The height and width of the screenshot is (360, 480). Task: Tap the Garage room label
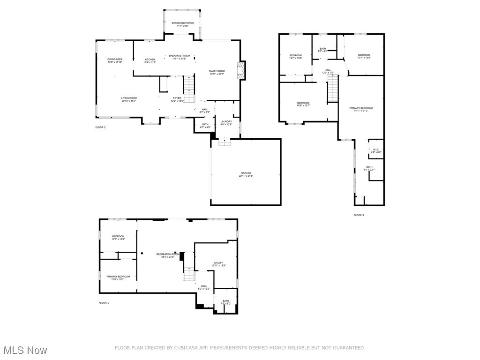pos(246,174)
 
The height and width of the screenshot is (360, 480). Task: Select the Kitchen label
pos(150,60)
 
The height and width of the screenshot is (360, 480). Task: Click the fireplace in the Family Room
pos(241,71)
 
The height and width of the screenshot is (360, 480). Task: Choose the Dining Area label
pos(115,60)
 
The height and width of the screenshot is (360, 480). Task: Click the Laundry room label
pos(226,123)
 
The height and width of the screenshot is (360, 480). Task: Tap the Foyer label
pos(177,99)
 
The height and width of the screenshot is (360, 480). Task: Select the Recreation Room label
pos(168,255)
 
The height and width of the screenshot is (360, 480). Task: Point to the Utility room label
pos(218,264)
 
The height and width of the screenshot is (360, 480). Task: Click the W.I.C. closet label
pos(376,151)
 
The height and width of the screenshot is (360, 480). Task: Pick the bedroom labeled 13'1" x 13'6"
pos(364,56)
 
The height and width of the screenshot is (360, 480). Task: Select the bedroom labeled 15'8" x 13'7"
pos(303,104)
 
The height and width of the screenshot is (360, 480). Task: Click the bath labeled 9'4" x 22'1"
pos(369,168)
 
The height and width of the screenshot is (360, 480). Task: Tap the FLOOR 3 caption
pos(359,215)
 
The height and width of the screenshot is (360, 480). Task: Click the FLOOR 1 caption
pos(104,303)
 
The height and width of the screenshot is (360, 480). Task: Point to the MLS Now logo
pos(24,350)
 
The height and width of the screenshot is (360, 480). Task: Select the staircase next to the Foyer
pos(188,89)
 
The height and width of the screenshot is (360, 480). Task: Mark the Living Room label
pos(129,99)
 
